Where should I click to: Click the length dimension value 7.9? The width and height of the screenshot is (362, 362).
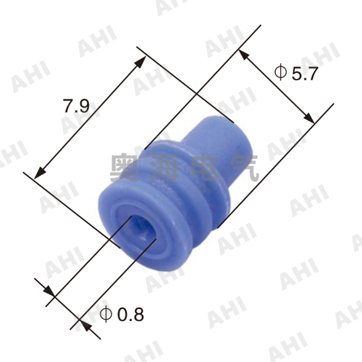point(77,107)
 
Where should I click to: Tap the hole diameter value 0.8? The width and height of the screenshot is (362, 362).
point(130,314)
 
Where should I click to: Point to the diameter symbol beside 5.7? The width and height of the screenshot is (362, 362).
point(280,72)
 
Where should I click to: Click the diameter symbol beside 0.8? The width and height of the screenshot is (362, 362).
point(105,313)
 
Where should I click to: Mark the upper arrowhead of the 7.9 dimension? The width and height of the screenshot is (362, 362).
point(141,62)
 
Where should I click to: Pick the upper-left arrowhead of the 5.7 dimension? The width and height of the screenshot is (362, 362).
point(244,54)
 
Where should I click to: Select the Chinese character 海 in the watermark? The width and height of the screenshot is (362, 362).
point(165,168)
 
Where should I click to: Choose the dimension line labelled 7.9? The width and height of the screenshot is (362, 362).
point(88,119)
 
